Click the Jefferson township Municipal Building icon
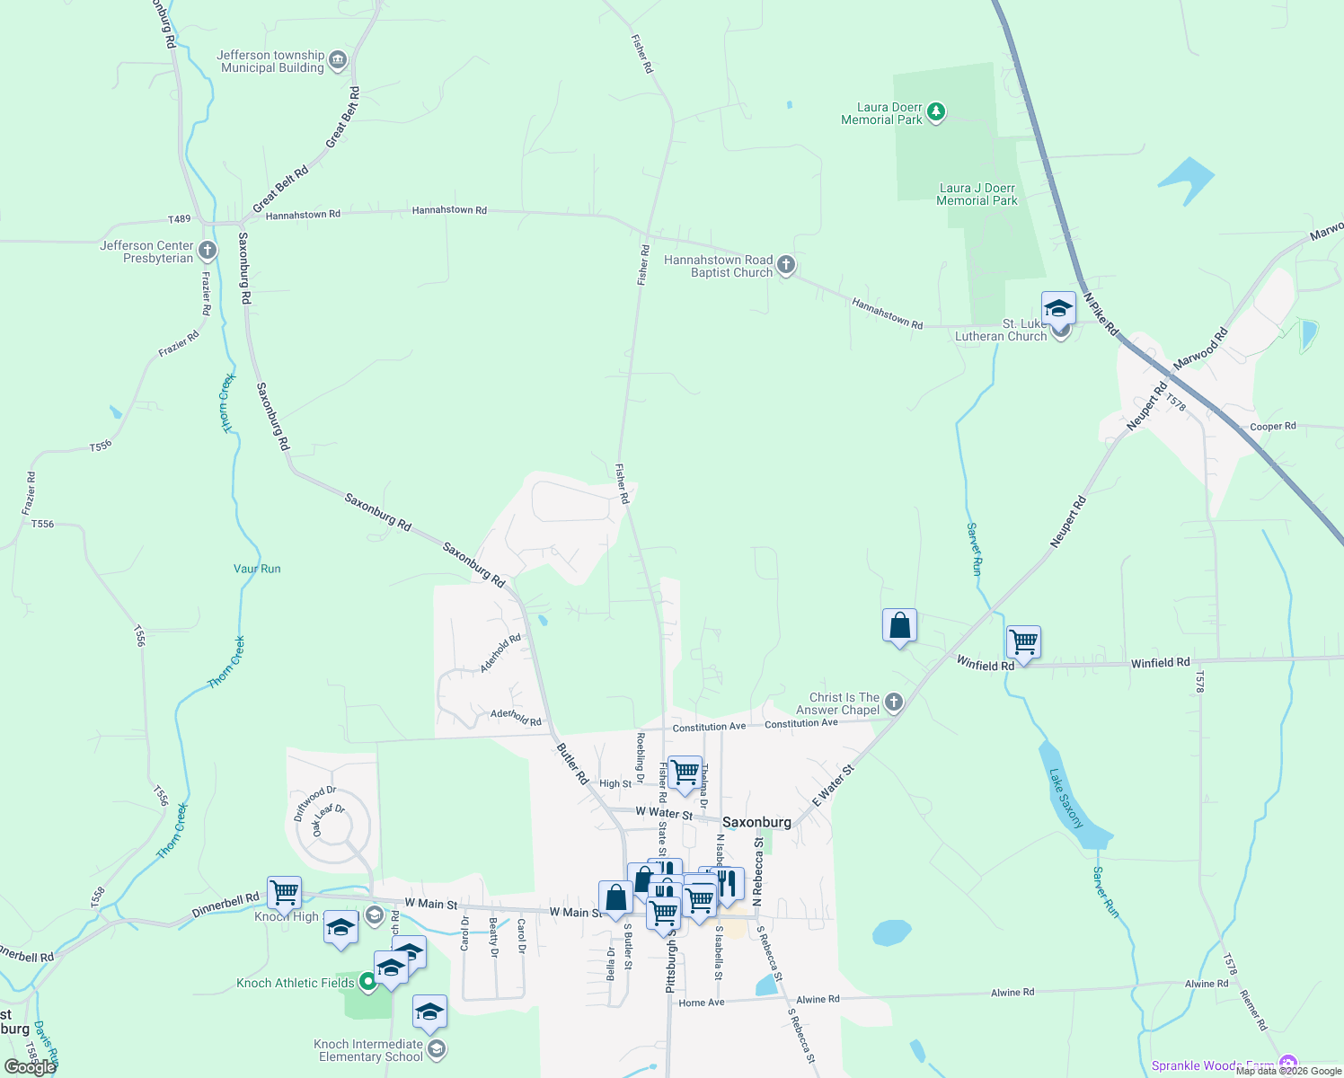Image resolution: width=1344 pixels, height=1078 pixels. (x=338, y=60)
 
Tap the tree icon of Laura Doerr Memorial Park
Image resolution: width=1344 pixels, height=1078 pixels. (x=936, y=112)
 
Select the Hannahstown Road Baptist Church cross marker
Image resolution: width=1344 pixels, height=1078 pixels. (x=786, y=265)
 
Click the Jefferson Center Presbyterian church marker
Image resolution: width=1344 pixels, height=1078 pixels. (x=208, y=251)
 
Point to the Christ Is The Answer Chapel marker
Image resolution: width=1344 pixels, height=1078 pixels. (x=893, y=702)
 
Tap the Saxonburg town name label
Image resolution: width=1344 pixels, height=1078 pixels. (x=756, y=822)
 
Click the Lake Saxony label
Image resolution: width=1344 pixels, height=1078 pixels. (x=1066, y=798)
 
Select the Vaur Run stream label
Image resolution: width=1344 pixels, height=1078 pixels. (x=257, y=569)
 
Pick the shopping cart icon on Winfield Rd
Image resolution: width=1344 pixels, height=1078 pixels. (x=1023, y=642)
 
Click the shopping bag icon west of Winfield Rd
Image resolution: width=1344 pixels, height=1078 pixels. (x=899, y=625)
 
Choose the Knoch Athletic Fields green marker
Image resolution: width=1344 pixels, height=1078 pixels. (x=367, y=982)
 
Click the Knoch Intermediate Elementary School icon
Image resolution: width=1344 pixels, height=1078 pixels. (x=436, y=1049)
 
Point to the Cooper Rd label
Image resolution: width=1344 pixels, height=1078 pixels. (x=1272, y=427)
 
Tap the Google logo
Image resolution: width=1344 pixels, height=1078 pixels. (x=31, y=1067)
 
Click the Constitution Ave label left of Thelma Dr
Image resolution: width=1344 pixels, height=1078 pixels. (x=709, y=727)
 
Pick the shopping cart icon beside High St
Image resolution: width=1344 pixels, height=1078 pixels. (x=685, y=772)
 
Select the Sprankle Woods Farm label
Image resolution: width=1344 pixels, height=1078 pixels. (x=1213, y=1065)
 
